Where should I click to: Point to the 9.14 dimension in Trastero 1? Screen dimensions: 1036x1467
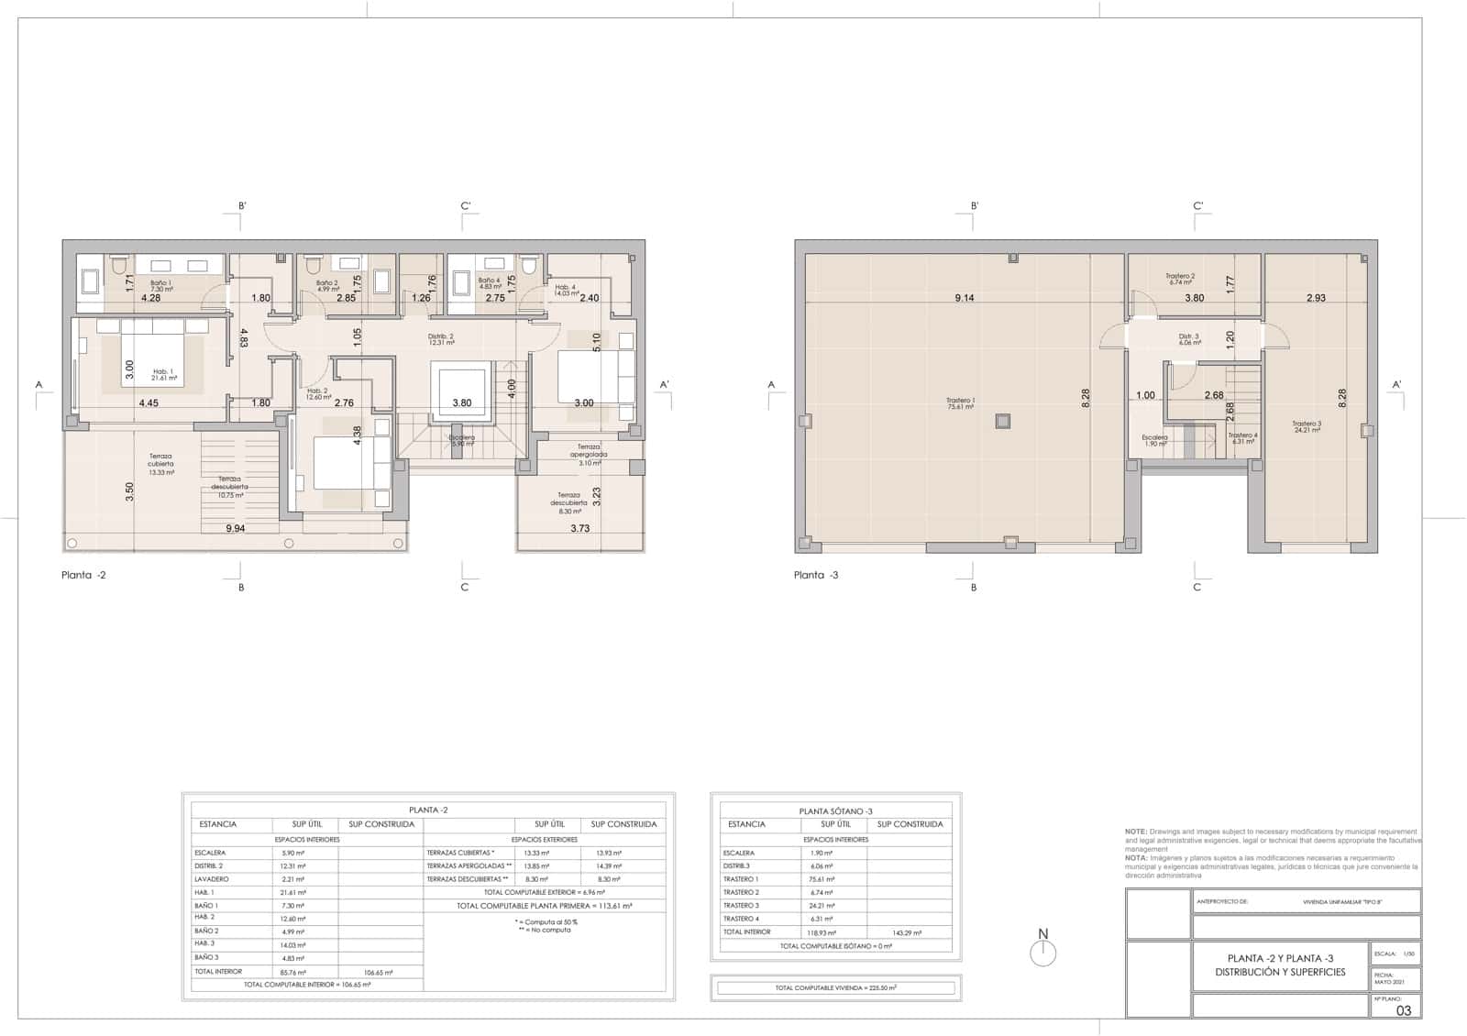964,298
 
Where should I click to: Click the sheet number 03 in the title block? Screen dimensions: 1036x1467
1403,1010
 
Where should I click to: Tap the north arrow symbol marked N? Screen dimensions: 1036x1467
1042,952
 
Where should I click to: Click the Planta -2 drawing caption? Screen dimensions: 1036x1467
83,575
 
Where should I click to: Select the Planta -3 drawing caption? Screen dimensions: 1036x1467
816,575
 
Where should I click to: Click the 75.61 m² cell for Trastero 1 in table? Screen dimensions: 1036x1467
822,878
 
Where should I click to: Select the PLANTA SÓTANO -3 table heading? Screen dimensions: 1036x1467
835,811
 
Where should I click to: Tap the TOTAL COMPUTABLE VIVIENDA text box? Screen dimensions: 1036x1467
835,987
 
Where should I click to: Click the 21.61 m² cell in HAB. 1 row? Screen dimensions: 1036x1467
294,892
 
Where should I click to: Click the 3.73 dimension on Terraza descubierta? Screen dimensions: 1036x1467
579,528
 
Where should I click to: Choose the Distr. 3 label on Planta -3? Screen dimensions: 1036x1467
1189,339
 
